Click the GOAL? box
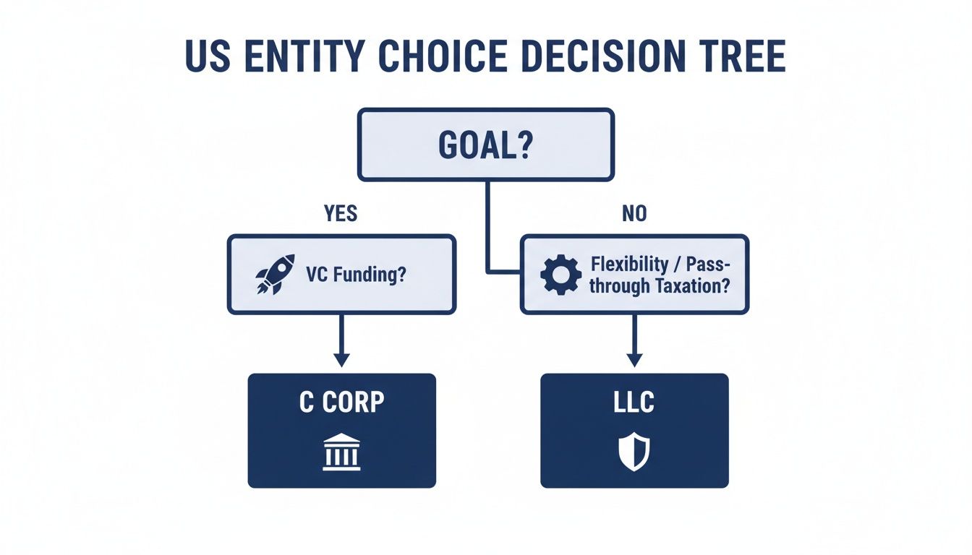tap(486, 145)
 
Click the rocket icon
tap(275, 274)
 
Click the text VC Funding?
tap(355, 275)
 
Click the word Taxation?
tap(692, 285)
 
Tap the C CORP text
tap(341, 403)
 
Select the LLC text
tap(634, 403)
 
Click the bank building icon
tap(341, 452)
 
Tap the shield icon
tap(634, 452)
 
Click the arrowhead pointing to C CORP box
tap(341, 358)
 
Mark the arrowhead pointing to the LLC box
tap(634, 358)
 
